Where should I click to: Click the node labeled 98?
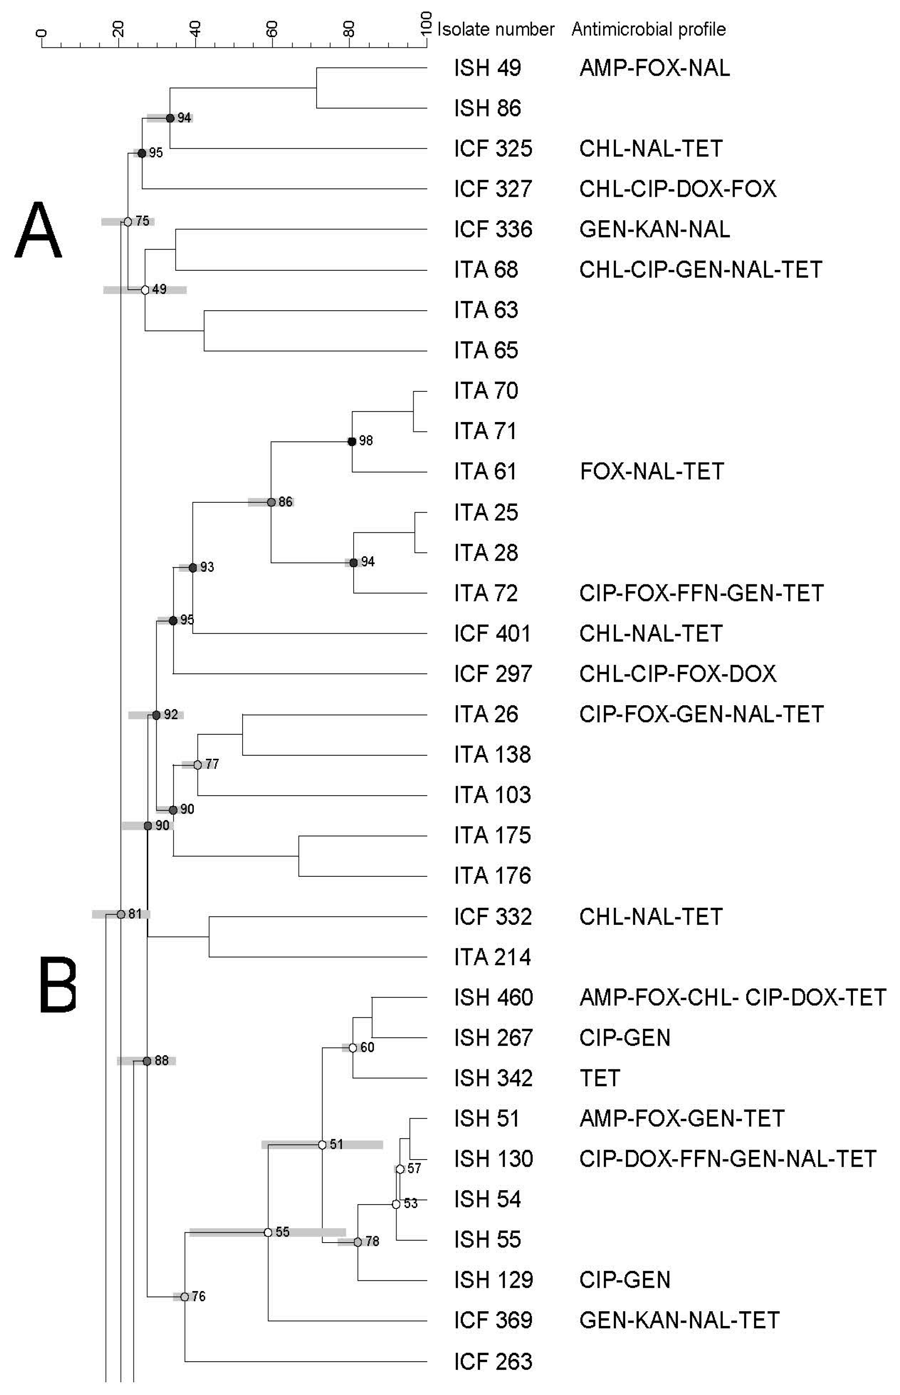[352, 442]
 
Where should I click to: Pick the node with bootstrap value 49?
[145, 290]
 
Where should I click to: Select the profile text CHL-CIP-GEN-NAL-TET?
[700, 270]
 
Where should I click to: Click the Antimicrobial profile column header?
[648, 29]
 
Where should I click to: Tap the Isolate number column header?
[495, 29]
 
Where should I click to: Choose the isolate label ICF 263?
[493, 1362]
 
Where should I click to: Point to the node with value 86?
[271, 502]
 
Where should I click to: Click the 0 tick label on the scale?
[41, 33]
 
